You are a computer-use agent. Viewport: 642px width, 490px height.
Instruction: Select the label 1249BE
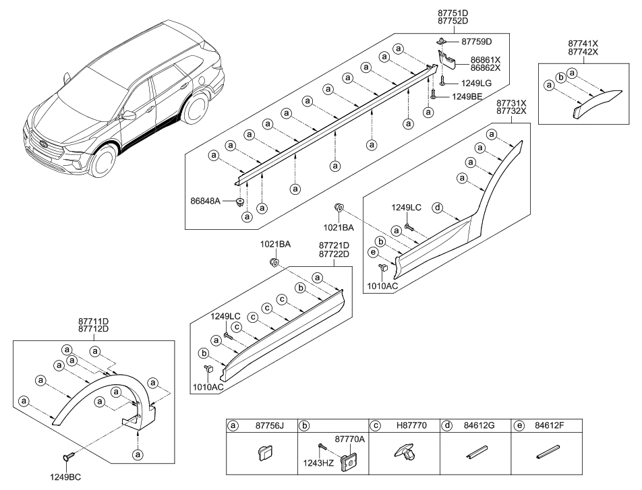[468, 97]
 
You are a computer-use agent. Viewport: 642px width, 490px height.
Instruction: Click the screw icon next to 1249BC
[67, 458]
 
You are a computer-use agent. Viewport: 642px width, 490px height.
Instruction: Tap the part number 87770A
[349, 438]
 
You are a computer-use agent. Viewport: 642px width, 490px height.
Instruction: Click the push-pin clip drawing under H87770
[403, 455]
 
